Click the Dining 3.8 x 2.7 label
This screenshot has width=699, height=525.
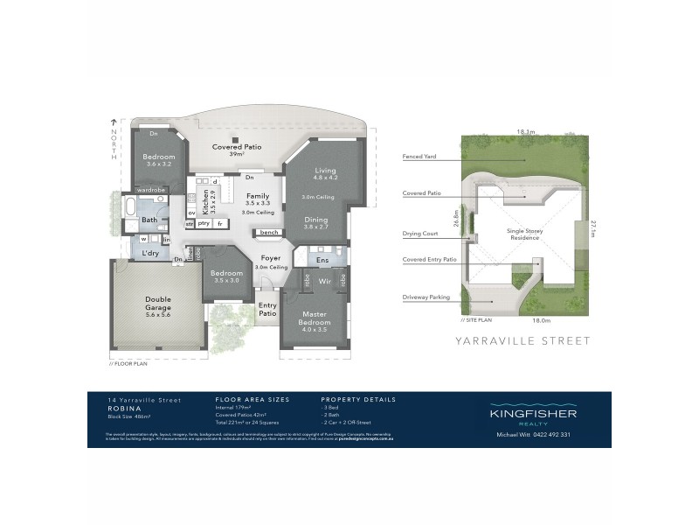point(315,222)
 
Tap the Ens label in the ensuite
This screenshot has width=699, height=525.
point(322,261)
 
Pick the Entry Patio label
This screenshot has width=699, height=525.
point(267,309)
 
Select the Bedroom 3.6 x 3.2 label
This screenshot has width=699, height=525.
point(159,161)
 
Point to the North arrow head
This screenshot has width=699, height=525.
point(111,122)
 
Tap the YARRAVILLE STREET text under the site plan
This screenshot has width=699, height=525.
point(523,341)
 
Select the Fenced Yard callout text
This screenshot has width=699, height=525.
point(419,157)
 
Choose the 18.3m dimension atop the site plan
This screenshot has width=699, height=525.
point(525,131)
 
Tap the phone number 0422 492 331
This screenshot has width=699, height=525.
point(551,434)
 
